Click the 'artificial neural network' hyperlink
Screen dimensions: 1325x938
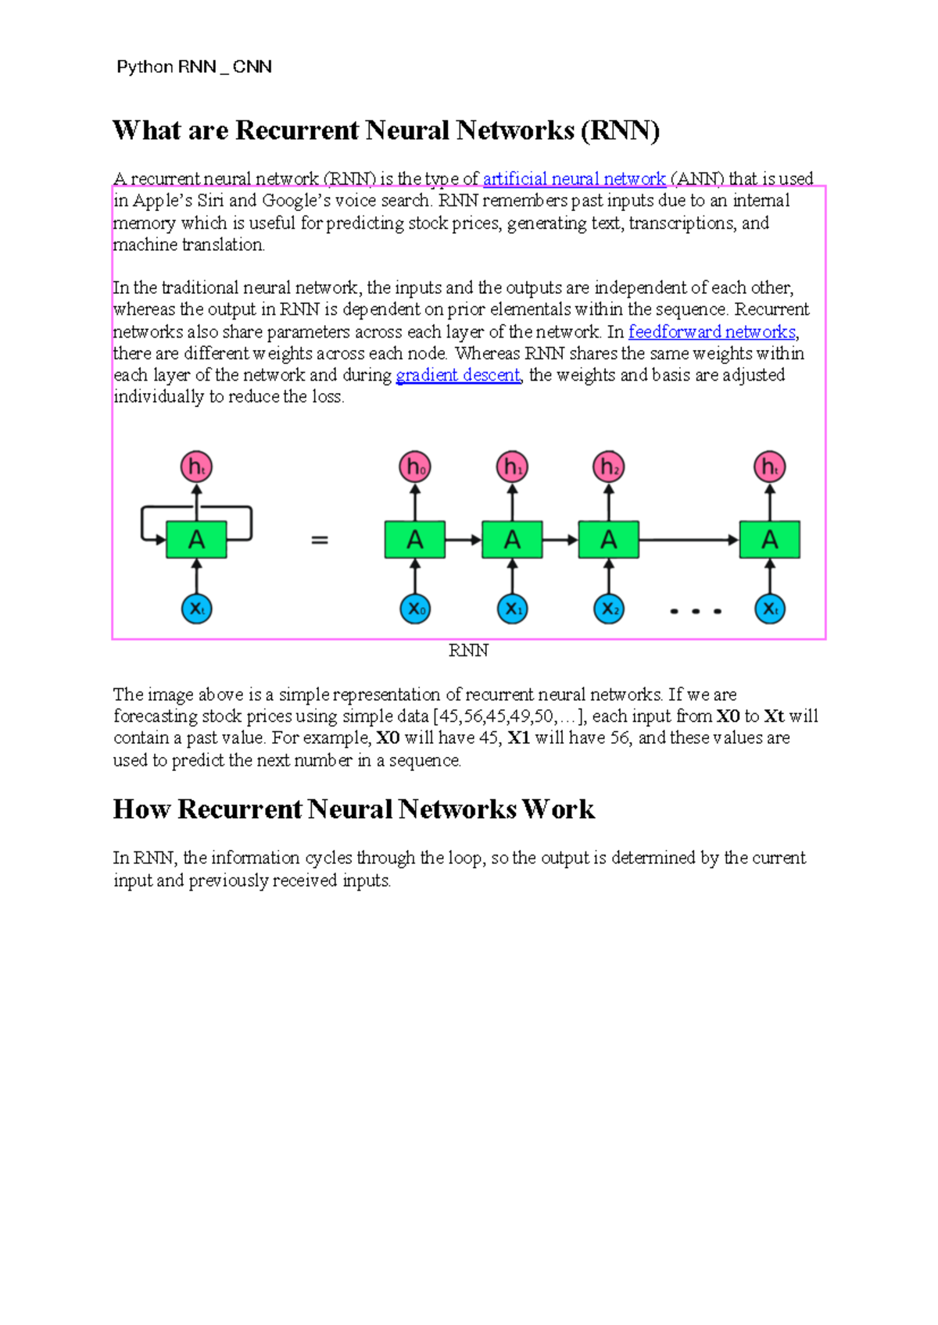[574, 179]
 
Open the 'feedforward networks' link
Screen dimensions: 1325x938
[711, 332]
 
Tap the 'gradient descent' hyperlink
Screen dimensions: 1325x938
[458, 375]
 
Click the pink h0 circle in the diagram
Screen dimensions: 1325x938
[415, 467]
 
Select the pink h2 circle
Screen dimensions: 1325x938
[609, 467]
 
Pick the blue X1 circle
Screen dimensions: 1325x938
[512, 609]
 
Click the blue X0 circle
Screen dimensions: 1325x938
[415, 609]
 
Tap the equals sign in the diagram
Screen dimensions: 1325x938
[320, 540]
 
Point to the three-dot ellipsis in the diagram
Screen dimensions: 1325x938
[696, 611]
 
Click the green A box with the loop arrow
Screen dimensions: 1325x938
[196, 540]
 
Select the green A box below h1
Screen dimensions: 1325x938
[512, 540]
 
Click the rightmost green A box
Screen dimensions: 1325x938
[770, 540]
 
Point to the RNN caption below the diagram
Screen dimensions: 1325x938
[468, 651]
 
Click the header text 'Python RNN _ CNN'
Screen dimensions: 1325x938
[194, 67]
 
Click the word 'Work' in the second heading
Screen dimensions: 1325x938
[558, 809]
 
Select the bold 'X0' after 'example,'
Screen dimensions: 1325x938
[388, 738]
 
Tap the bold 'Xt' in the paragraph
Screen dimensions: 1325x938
[774, 716]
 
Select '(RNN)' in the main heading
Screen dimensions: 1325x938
[621, 130]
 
